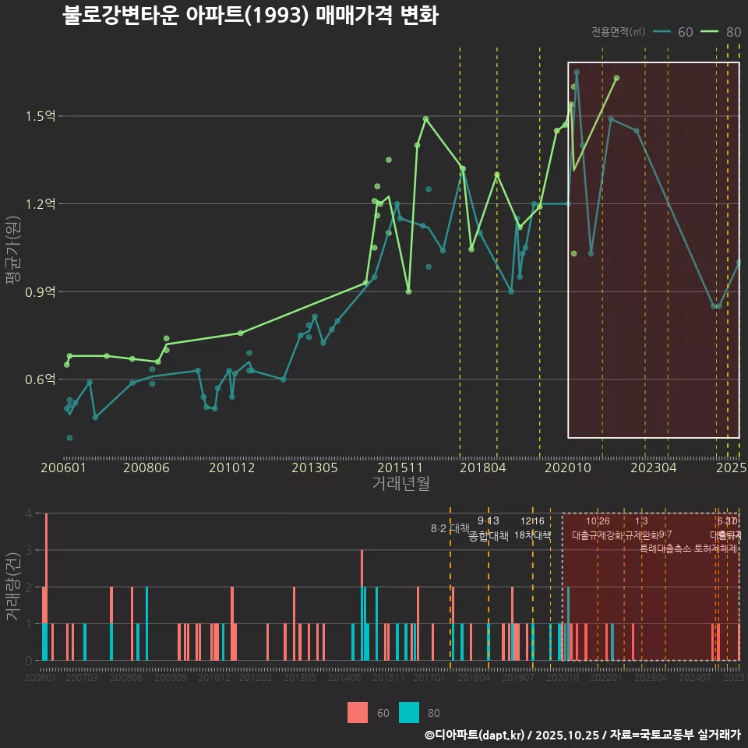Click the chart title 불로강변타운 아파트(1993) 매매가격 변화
[250, 16]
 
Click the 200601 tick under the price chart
[63, 467]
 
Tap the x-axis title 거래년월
[400, 484]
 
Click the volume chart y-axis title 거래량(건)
[12, 587]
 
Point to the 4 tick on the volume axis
[28, 513]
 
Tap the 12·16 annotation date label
[533, 520]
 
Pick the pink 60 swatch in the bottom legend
[358, 712]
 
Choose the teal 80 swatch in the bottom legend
[408, 712]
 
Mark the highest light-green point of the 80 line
[616, 78]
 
